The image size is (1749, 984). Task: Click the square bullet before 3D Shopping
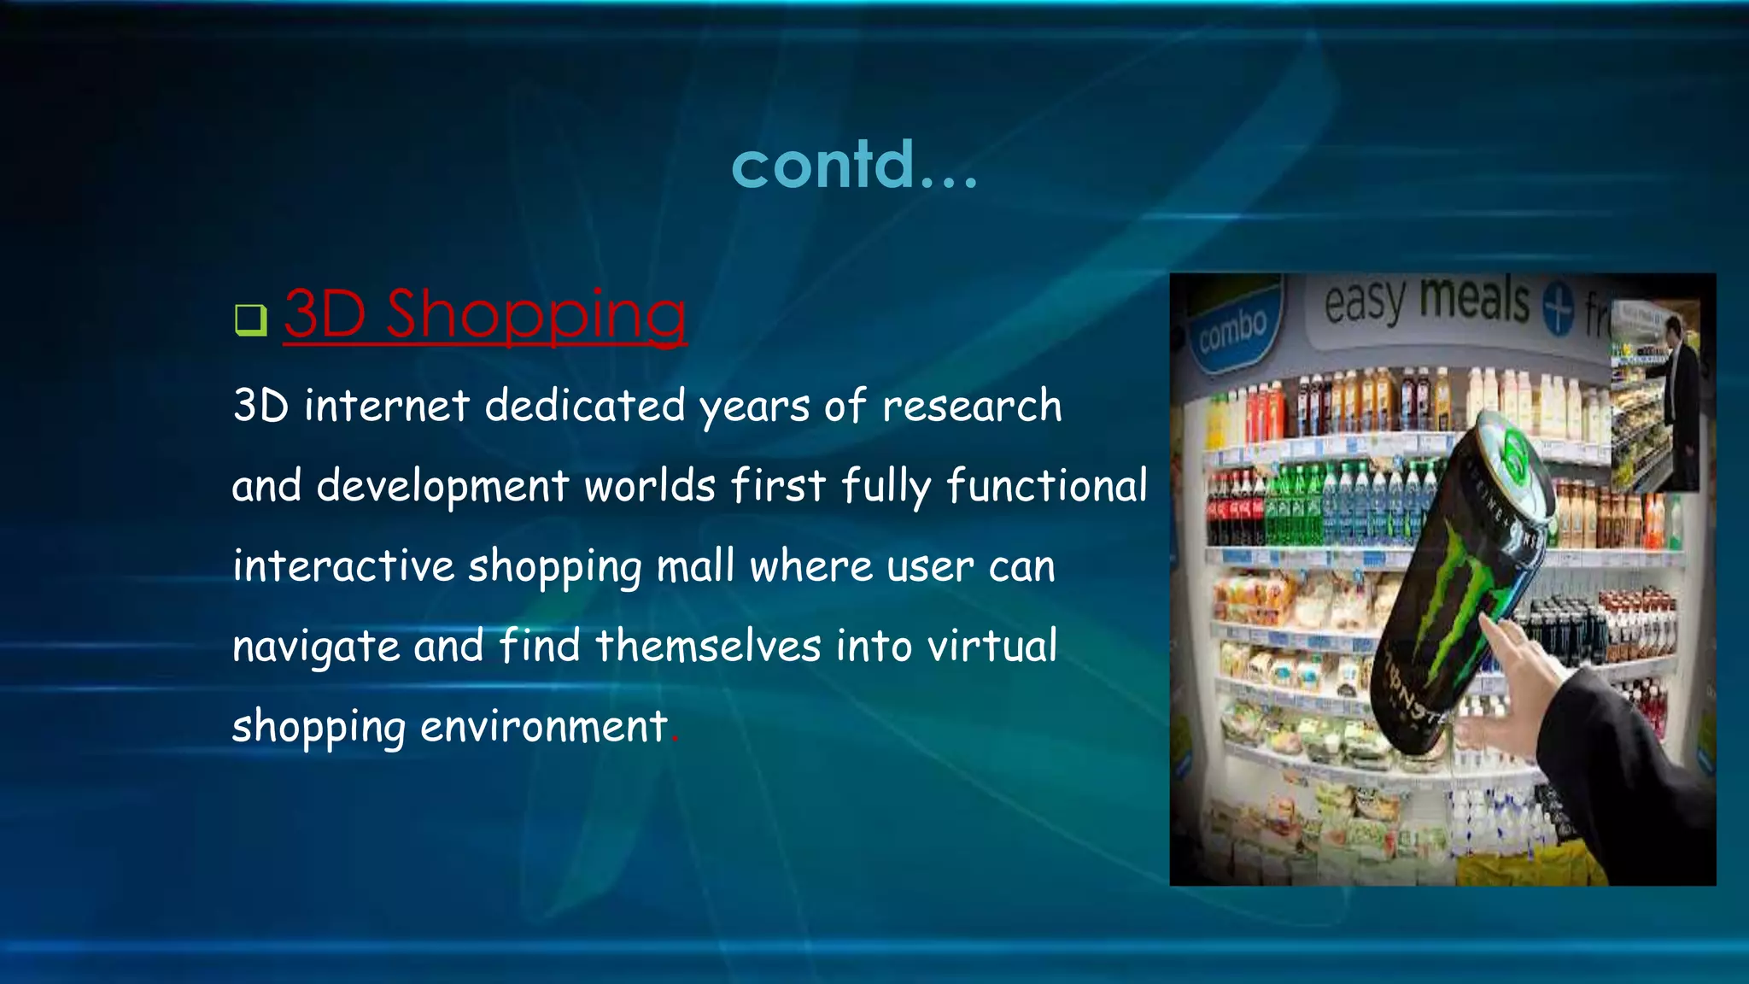click(250, 319)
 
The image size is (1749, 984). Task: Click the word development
click(442, 486)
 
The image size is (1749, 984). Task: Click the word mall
click(695, 565)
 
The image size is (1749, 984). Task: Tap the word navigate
click(315, 647)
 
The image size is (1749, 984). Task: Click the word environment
click(543, 727)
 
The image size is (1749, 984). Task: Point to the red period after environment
click(675, 741)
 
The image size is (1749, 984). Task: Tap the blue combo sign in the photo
click(1232, 329)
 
